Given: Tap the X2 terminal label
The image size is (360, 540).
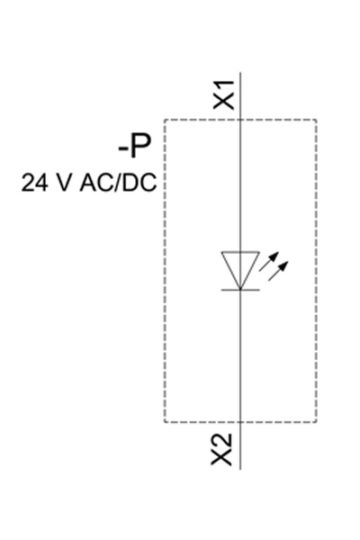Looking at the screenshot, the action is point(222,450).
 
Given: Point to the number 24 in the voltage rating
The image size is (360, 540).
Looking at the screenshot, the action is point(34,183).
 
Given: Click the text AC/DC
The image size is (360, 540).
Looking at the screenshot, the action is point(118,183).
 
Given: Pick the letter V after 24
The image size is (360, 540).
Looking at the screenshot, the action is point(63,183).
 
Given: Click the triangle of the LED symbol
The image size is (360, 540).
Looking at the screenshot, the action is point(240,268).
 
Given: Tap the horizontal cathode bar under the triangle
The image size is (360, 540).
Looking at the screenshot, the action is point(240,289).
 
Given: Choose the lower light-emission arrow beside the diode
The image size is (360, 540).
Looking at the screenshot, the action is point(281,269).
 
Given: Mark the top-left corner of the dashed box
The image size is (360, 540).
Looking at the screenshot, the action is point(164,120).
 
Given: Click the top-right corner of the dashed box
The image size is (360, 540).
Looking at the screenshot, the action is point(316,120).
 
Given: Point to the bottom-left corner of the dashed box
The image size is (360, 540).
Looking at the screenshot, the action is point(164,421).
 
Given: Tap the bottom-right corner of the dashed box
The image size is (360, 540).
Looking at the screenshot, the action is point(316,421).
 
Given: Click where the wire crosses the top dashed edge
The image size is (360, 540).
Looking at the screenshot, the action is point(240,120).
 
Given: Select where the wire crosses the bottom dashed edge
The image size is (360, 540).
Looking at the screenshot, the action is point(240,421).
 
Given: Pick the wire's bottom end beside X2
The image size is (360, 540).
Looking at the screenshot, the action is point(240,468).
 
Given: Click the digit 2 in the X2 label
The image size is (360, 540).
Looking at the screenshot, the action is point(223,441).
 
